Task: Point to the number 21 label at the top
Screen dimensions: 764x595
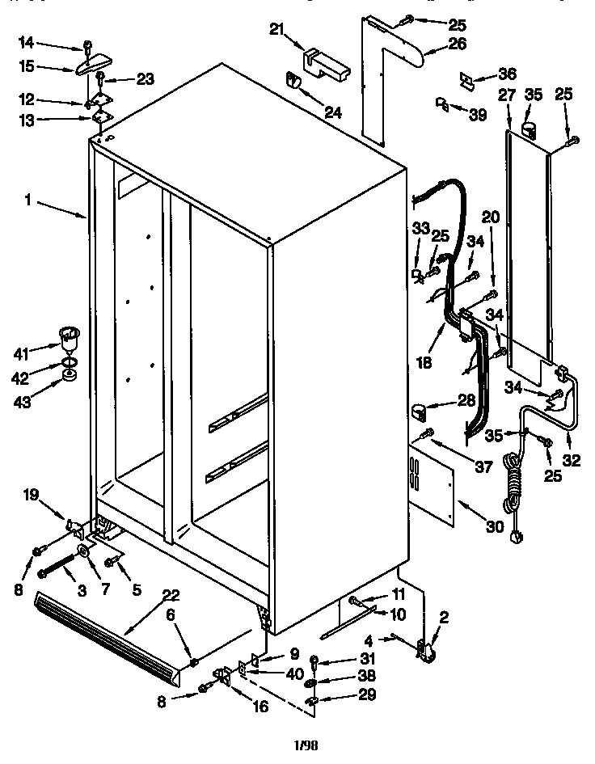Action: tap(277, 30)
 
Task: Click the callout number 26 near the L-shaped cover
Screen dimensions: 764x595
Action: tap(435, 43)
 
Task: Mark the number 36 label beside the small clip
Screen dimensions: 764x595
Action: tap(507, 74)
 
